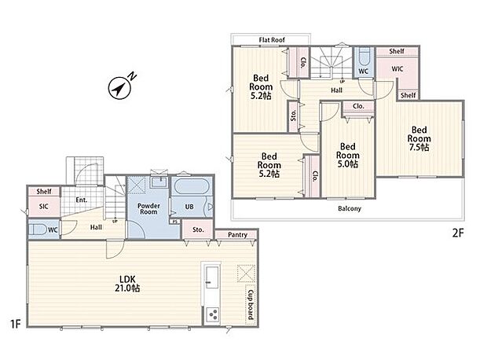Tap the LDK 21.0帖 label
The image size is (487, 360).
(127, 284)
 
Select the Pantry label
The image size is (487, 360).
(237, 235)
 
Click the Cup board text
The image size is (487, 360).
(251, 305)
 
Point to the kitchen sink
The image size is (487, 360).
(212, 277)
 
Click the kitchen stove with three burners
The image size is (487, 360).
(212, 314)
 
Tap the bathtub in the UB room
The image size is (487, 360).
(192, 186)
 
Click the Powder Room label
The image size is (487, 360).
(148, 208)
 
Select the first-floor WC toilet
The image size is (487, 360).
(38, 230)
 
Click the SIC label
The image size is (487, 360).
(44, 206)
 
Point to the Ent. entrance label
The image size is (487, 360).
(82, 200)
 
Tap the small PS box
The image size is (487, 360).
(175, 222)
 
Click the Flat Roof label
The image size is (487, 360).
(272, 40)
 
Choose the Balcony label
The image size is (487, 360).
(350, 208)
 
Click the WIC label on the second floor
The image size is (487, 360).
(397, 68)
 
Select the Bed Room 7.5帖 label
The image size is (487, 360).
(419, 138)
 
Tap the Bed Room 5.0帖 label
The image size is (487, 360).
(348, 155)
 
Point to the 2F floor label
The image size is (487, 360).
(458, 233)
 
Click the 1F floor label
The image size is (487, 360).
(15, 325)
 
